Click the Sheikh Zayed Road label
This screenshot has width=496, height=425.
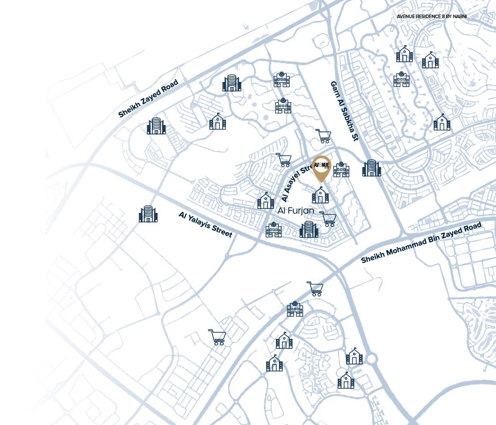[148, 98]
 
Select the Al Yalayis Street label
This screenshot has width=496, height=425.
[205, 224]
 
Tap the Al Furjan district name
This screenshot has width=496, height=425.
[296, 212]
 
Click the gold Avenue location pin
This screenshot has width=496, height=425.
[321, 168]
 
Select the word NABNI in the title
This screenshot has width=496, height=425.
[459, 16]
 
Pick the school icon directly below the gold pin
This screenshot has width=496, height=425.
[320, 194]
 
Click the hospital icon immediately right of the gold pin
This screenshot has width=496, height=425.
[341, 169]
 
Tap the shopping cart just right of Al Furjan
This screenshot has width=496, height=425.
[328, 219]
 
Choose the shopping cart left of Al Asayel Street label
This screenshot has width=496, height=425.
[284, 160]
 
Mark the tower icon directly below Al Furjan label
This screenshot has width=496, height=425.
[309, 229]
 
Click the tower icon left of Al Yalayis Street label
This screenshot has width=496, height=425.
[148, 214]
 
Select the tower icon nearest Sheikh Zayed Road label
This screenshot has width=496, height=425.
[156, 126]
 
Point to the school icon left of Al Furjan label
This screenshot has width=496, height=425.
[266, 200]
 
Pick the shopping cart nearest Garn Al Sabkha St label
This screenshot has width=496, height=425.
[323, 136]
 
